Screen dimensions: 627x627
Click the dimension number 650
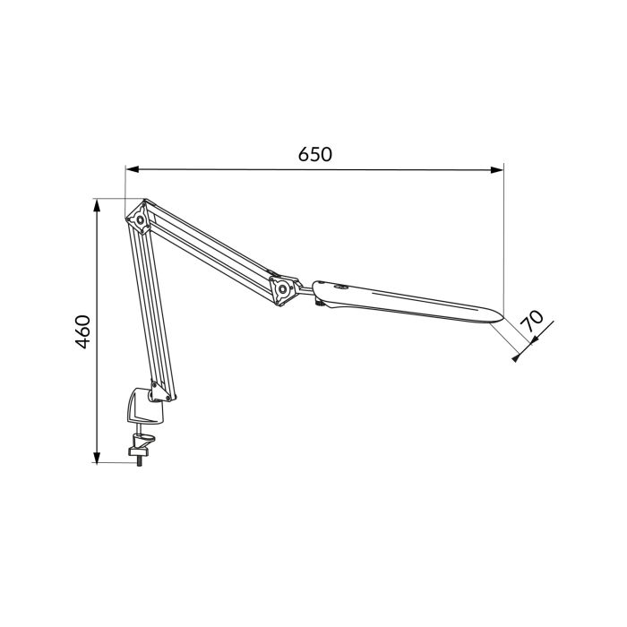coord(314,154)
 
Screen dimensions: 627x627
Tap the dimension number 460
coord(82,331)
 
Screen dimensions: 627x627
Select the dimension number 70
coord(536,322)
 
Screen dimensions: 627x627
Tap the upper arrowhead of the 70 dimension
coord(550,323)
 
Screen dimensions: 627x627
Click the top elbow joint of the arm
coord(140,218)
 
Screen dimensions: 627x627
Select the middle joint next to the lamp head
coord(282,289)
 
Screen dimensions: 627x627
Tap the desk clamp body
coord(145,408)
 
